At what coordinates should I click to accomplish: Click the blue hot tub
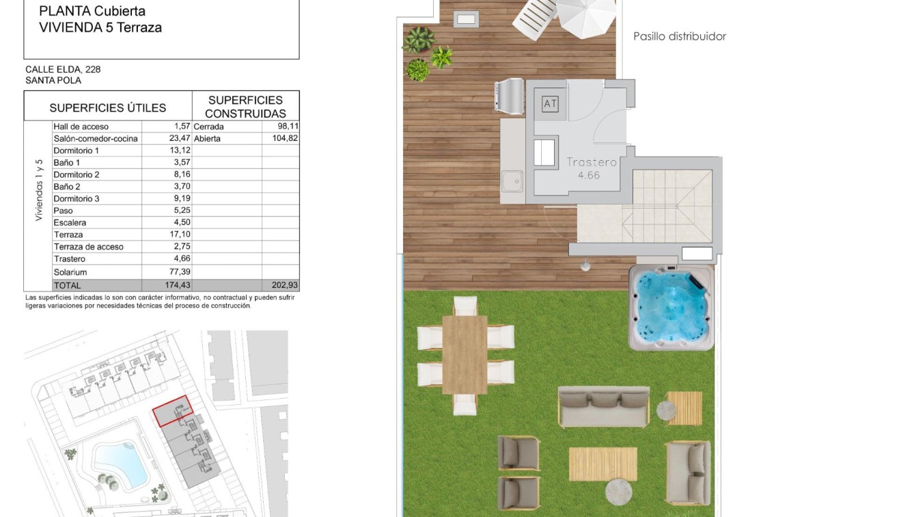(670, 308)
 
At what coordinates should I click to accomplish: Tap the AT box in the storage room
(550, 104)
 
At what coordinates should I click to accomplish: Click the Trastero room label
(591, 163)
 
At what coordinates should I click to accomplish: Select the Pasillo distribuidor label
(679, 36)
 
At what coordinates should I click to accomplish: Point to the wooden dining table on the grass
(465, 354)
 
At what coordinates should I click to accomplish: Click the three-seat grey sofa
(603, 406)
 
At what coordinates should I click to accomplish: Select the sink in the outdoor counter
(512, 181)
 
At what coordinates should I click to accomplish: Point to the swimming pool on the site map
(120, 463)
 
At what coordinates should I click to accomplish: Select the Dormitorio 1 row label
(77, 150)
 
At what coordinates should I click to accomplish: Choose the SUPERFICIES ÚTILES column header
(107, 107)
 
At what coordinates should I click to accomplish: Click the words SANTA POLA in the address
(53, 80)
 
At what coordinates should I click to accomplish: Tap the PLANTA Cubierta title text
(92, 11)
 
